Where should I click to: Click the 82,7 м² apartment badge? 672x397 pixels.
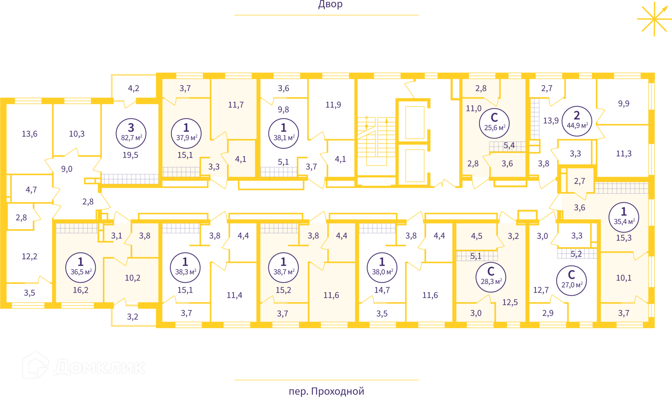131,133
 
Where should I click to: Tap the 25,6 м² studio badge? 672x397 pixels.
494,123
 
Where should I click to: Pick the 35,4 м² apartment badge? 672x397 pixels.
624,217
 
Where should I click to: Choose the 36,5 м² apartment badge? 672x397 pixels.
80,267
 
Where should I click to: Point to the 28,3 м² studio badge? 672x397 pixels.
491,277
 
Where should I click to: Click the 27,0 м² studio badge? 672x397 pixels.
571,280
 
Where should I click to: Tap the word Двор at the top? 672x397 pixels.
330,5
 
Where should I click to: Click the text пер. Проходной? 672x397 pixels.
326,391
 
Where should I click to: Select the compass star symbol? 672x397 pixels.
654,19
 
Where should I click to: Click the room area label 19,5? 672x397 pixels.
130,155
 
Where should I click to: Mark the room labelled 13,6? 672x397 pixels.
30,134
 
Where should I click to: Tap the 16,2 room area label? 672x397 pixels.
80,290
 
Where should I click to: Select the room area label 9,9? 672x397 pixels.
623,104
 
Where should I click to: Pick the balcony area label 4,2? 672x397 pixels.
133,88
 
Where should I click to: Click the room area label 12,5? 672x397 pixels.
510,302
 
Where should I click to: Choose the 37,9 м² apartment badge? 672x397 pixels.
186,133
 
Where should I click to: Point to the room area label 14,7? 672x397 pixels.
382,290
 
